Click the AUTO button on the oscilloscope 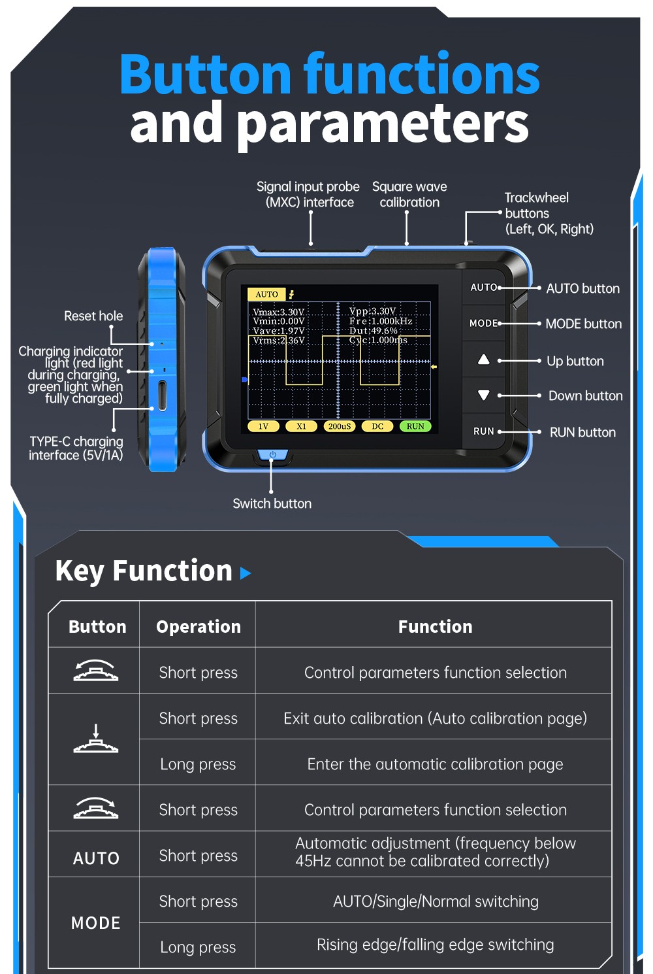[483, 287]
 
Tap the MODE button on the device [483, 323]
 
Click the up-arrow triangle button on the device [483, 360]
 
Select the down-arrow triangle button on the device [483, 395]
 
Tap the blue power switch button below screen [272, 454]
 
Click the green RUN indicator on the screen [415, 426]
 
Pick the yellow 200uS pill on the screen [339, 426]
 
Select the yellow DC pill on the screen [377, 426]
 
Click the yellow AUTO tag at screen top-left [266, 294]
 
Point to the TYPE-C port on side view [162, 395]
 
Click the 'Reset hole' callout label [93, 316]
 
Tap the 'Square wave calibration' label [409, 194]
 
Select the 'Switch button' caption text [272, 503]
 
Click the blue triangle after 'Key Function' [246, 573]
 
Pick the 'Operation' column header [199, 626]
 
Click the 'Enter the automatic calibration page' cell [435, 764]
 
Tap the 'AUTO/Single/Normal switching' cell [435, 901]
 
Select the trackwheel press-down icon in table [96, 739]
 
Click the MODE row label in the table [96, 923]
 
